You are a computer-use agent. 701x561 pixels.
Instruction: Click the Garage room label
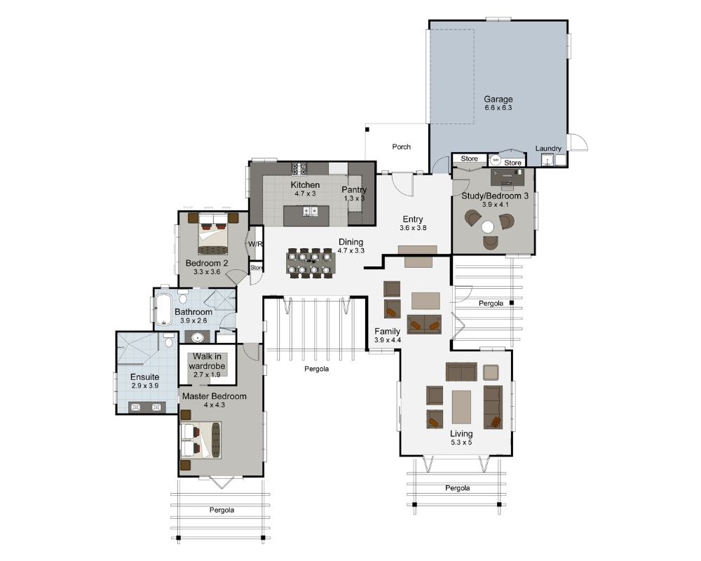click(x=498, y=99)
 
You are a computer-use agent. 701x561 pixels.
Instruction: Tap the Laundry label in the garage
click(x=548, y=148)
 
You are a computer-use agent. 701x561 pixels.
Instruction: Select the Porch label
click(x=402, y=147)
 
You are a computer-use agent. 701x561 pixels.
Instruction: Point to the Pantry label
click(x=354, y=189)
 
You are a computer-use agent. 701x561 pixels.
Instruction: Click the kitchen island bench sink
click(x=310, y=211)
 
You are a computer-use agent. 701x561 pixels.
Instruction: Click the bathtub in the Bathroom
click(x=163, y=309)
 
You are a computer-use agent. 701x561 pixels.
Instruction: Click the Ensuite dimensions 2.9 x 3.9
click(x=145, y=386)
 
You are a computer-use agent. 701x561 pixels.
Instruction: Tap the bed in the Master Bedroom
click(x=201, y=440)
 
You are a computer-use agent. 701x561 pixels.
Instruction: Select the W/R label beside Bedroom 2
click(x=254, y=244)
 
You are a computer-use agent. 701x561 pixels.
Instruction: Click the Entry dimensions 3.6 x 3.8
click(x=413, y=228)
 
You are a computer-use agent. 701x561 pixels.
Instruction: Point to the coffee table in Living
click(x=462, y=407)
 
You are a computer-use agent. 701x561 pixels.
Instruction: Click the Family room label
click(x=387, y=331)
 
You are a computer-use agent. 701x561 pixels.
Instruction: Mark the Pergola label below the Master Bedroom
click(x=222, y=510)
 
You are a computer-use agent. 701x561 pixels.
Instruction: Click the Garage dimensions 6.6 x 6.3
click(x=498, y=108)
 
